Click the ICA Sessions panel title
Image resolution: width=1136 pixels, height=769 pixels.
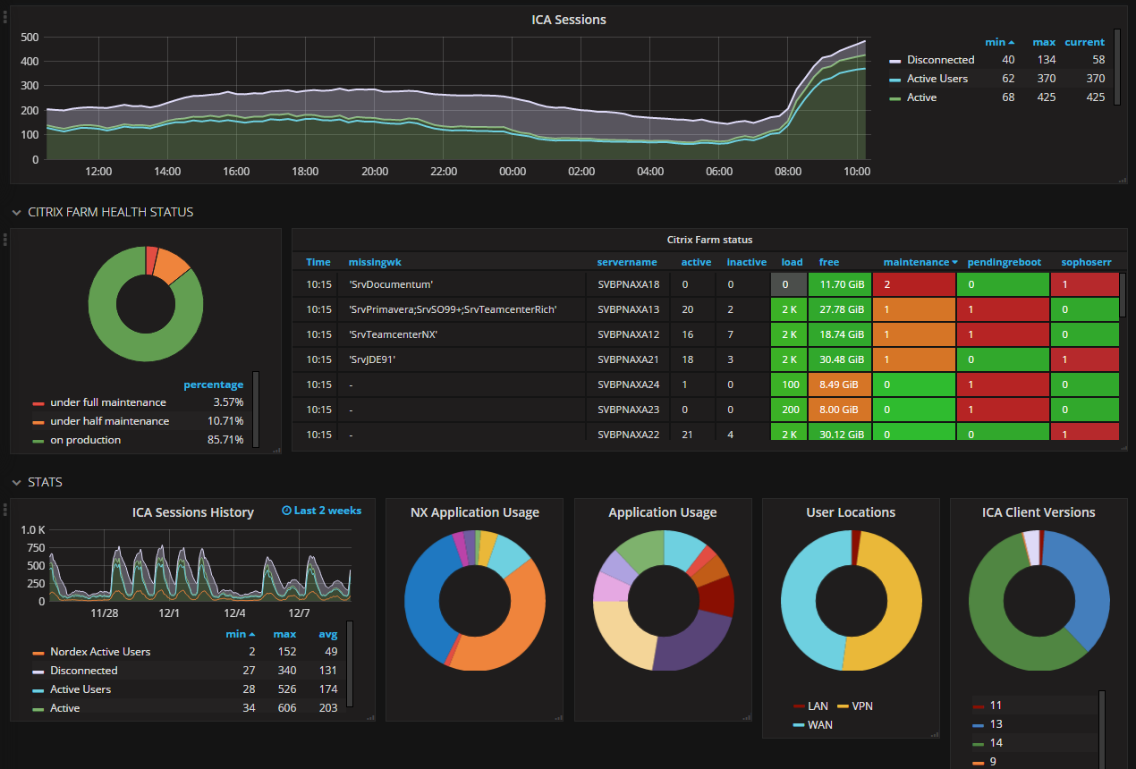pyautogui.click(x=568, y=20)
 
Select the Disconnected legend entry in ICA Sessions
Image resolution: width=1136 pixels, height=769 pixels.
pyautogui.click(x=940, y=60)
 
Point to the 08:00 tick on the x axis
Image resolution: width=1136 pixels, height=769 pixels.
pyautogui.click(x=788, y=172)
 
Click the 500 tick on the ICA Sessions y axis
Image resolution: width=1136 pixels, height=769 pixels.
pyautogui.click(x=29, y=38)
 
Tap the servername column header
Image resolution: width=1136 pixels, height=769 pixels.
pyautogui.click(x=627, y=262)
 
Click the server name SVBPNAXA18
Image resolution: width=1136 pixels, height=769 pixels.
pyautogui.click(x=628, y=284)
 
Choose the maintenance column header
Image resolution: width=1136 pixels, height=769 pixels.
pyautogui.click(x=916, y=262)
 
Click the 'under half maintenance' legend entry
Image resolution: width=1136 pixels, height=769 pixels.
pyautogui.click(x=109, y=421)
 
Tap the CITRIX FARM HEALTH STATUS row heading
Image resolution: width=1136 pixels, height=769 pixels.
pyautogui.click(x=110, y=212)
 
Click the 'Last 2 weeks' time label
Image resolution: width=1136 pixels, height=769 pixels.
pyautogui.click(x=322, y=511)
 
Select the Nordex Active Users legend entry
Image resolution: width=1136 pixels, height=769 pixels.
pyautogui.click(x=100, y=652)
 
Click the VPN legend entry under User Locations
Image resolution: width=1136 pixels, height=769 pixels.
pyautogui.click(x=861, y=706)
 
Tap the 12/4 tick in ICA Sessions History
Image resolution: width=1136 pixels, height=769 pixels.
pyautogui.click(x=234, y=613)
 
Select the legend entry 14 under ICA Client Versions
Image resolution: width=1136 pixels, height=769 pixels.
pyautogui.click(x=996, y=743)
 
